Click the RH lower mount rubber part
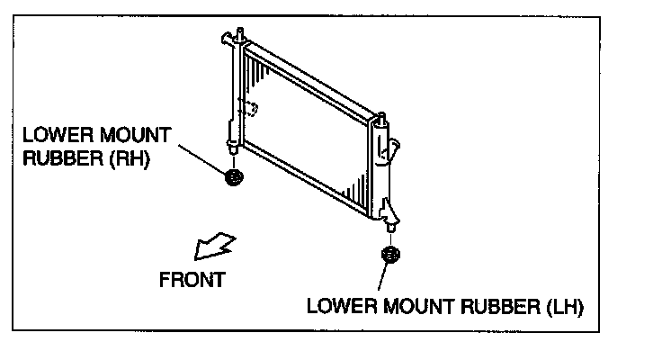234,177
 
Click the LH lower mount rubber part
390,255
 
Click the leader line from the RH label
200,153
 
